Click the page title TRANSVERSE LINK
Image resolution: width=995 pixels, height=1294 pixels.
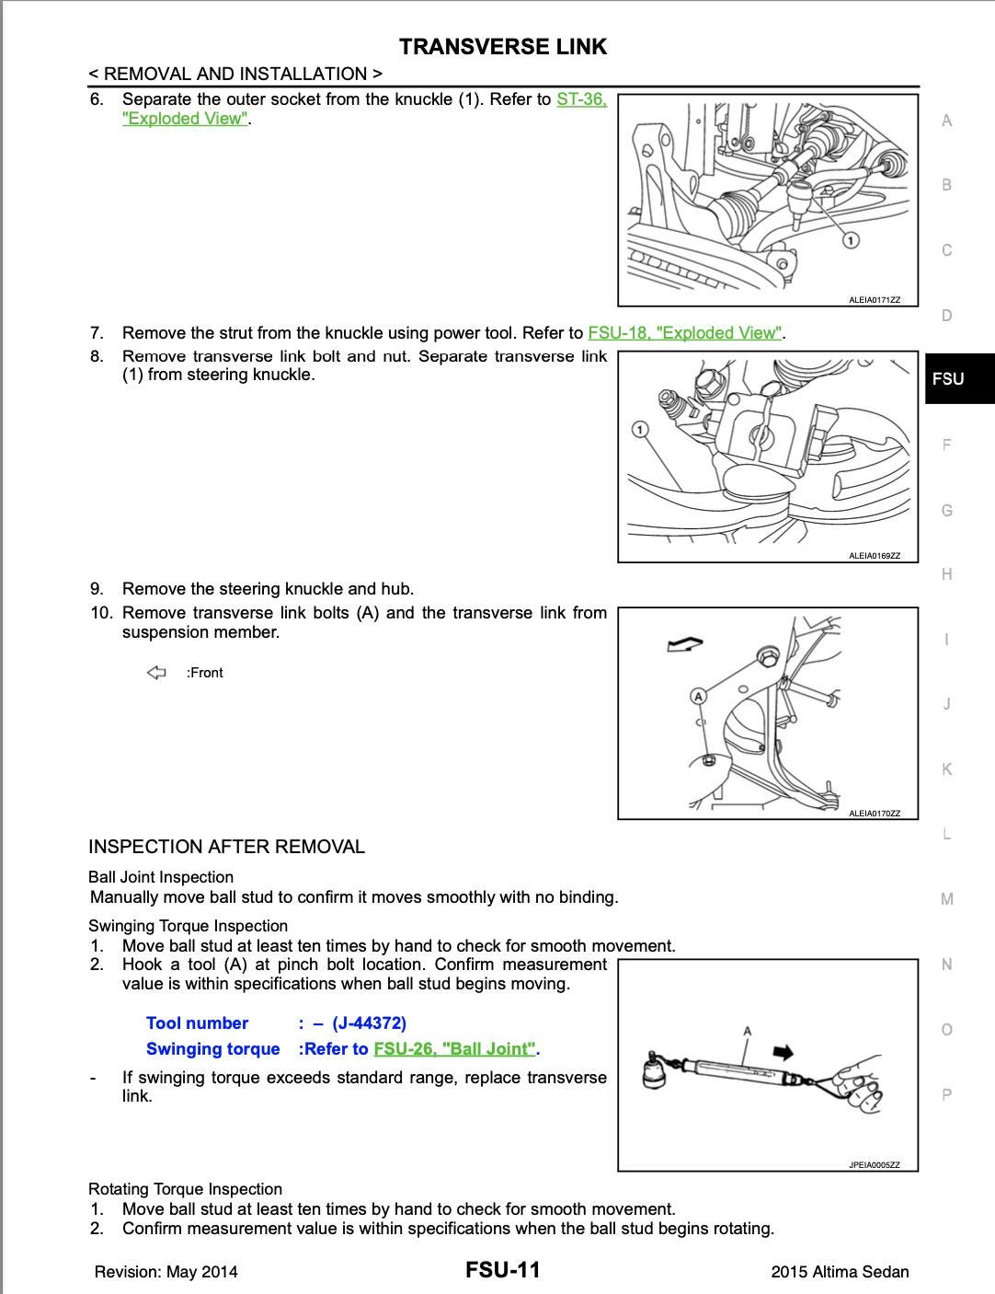503,47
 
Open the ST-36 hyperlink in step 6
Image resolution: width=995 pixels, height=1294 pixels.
581,99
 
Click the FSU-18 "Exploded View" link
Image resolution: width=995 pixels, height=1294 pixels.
685,333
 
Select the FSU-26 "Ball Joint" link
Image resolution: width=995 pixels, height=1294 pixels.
455,1049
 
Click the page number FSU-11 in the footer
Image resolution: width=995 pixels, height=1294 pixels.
502,1270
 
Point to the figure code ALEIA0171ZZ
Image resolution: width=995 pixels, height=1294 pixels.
874,300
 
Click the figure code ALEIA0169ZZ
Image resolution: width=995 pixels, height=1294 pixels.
874,556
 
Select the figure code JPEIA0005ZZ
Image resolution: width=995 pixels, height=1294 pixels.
874,1165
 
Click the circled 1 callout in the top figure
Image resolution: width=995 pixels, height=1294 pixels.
851,240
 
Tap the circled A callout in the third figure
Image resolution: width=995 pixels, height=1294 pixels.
699,696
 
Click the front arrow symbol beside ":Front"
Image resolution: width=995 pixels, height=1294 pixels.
156,673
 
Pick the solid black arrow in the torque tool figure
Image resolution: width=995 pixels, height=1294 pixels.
783,1053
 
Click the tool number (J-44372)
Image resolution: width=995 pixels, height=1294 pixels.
369,1023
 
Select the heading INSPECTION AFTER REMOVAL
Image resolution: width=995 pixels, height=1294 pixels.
226,847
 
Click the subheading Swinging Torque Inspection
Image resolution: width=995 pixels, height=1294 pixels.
188,926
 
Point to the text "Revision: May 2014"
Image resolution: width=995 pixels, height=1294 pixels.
166,1272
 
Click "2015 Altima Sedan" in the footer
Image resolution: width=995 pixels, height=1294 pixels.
840,1272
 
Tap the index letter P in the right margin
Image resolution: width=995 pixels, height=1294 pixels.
946,1094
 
